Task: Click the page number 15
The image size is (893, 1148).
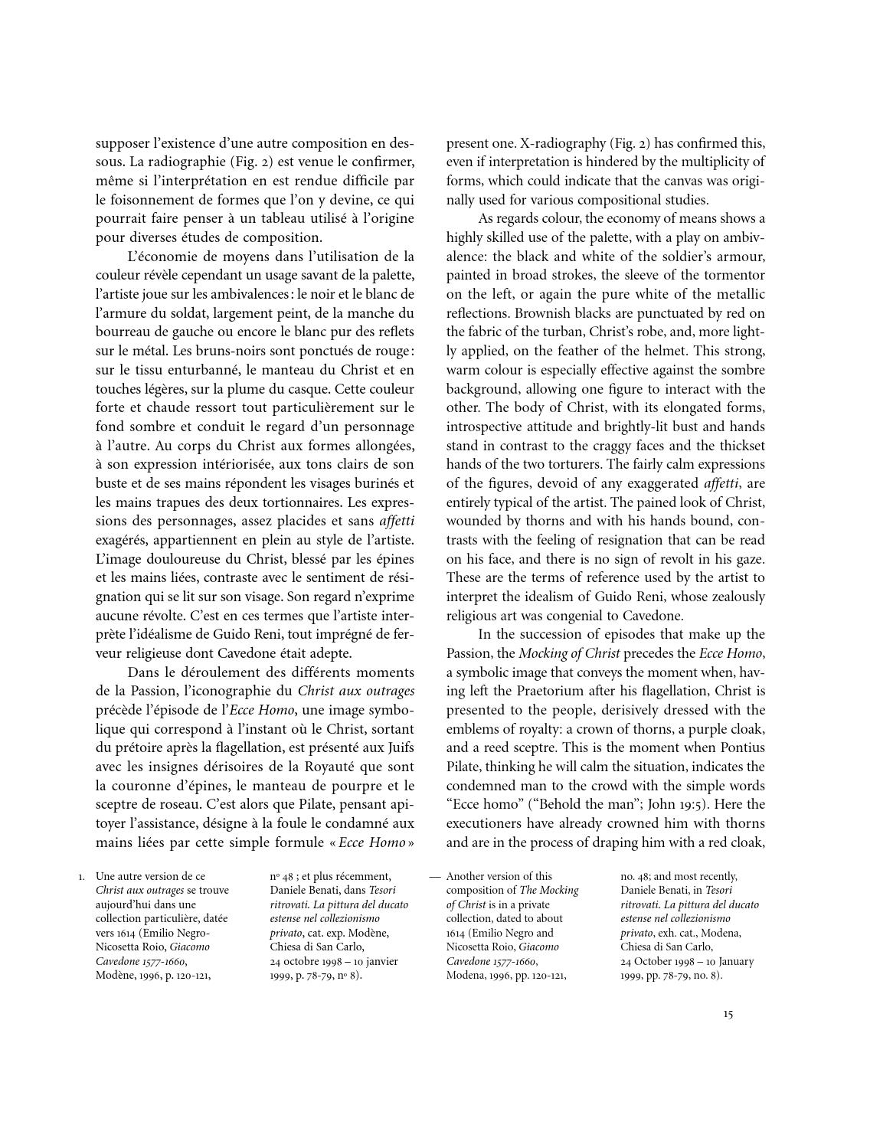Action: [x=728, y=1014]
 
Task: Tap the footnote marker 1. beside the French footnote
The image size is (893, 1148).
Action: [x=81, y=876]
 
